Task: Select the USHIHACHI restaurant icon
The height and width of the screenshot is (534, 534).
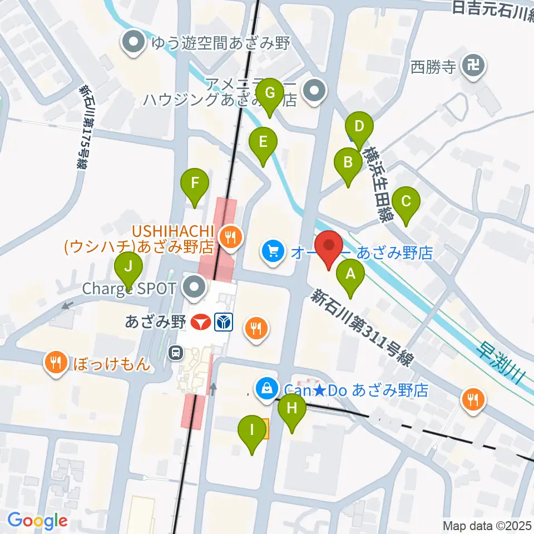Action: point(229,238)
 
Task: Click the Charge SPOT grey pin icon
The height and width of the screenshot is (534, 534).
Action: point(195,288)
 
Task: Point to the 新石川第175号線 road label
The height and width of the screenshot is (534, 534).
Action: point(84,127)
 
